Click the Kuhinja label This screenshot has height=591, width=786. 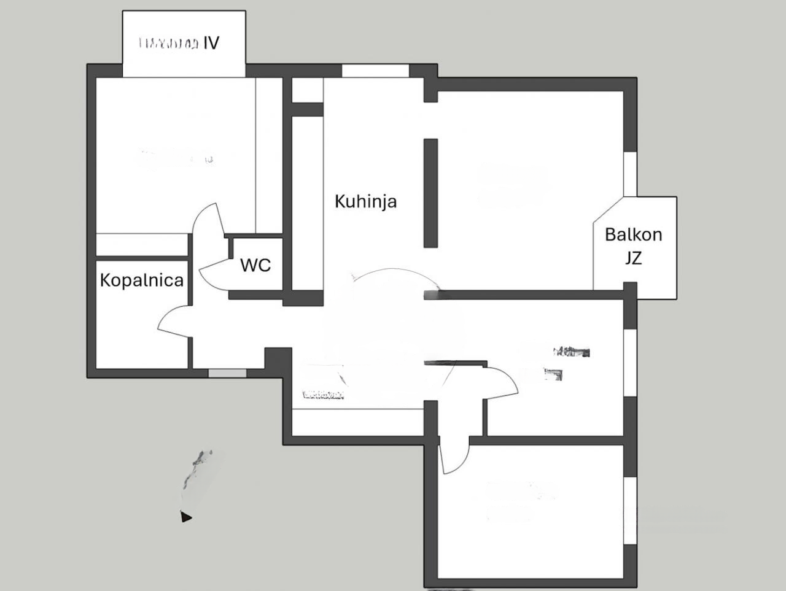click(365, 201)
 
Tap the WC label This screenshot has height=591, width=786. click(255, 265)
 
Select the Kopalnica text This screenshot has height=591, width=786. click(142, 280)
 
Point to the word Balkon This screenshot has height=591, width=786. click(633, 234)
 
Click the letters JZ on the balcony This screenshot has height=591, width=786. click(633, 258)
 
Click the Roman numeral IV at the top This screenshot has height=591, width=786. click(211, 43)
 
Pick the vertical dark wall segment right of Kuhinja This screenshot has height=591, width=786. click(430, 193)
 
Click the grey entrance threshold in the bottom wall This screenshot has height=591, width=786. click(227, 373)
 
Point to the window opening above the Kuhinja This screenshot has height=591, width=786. click(375, 70)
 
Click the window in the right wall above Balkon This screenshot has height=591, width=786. click(630, 174)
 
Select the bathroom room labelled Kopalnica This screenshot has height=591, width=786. click(142, 313)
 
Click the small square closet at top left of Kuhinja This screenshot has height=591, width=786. click(307, 90)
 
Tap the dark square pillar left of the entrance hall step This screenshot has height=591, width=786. click(278, 359)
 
